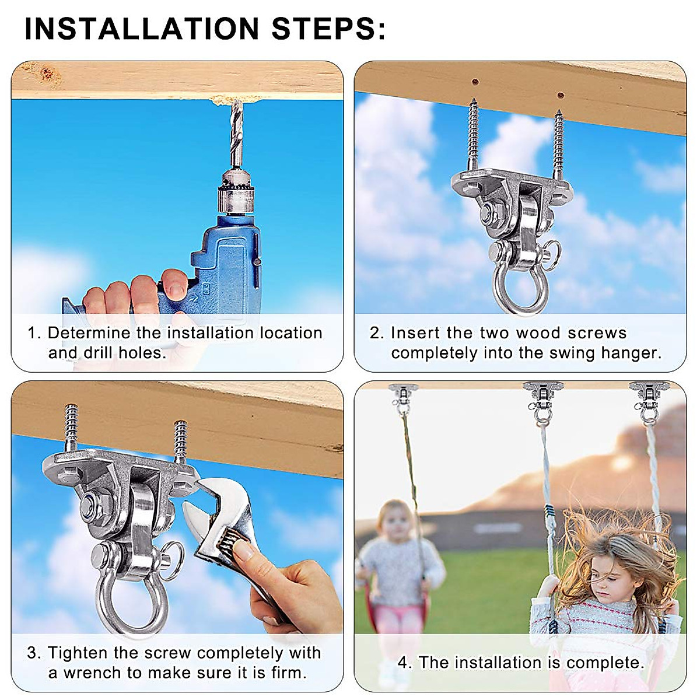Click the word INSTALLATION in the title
click(142, 29)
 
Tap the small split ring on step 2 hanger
click(552, 252)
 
